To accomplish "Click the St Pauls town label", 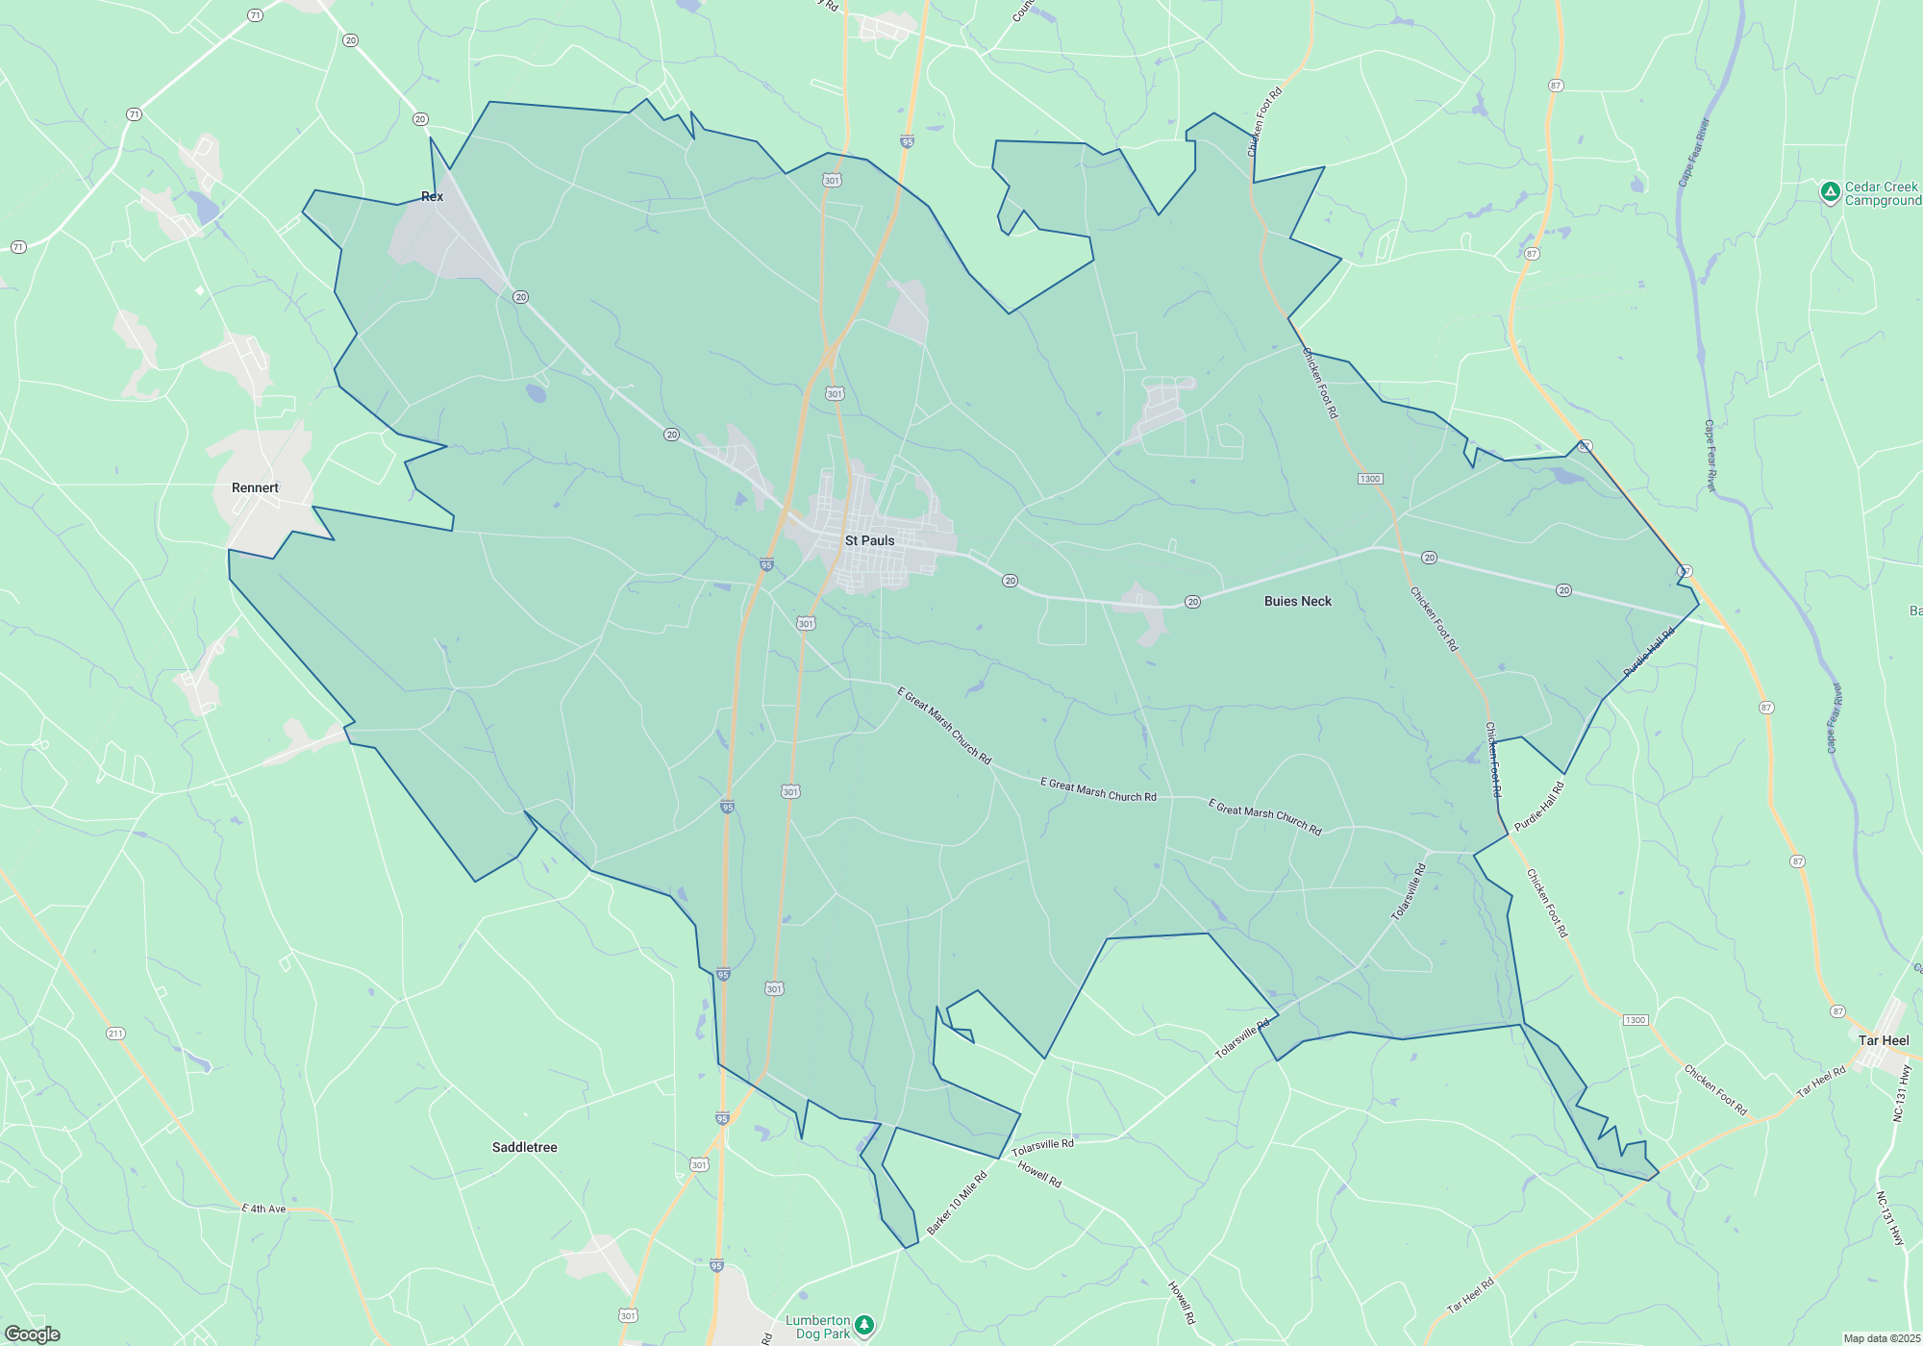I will [x=869, y=540].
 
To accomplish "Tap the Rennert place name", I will [x=255, y=487].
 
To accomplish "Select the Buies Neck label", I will [x=1297, y=601].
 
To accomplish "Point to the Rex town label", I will [x=432, y=196].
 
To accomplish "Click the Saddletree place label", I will [x=524, y=1147].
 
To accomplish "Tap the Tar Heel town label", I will [x=1883, y=1040].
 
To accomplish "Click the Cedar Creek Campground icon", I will [x=1831, y=192].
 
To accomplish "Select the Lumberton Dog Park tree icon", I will [x=864, y=1325].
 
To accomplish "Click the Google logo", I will [x=33, y=1334].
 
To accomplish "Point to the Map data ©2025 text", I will [x=1881, y=1338].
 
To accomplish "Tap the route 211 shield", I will [x=115, y=1034].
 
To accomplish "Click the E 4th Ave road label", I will [x=263, y=1209].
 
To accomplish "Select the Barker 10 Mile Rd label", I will [x=957, y=1203].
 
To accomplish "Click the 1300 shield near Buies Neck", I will [x=1369, y=479].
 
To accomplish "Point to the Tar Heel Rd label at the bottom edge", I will [x=1470, y=1295].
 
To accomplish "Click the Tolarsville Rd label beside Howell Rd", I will [x=1042, y=1147].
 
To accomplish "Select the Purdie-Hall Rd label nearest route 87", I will [x=1649, y=652].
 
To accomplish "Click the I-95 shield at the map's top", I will [x=907, y=141].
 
